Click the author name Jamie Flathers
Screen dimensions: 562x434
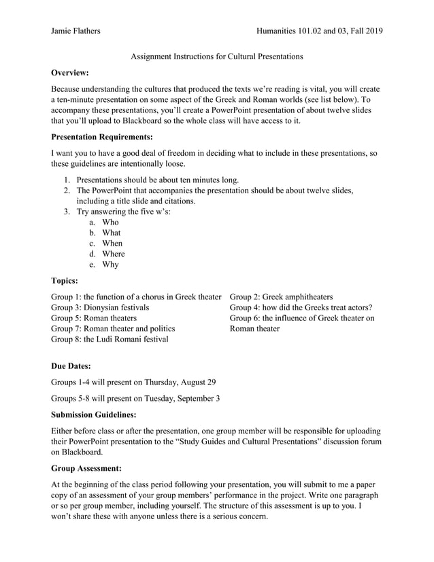click(75, 31)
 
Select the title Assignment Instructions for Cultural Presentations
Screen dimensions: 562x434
click(216, 56)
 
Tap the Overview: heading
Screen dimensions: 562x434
click(70, 72)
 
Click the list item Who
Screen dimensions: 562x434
click(110, 222)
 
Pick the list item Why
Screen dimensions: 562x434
click(110, 265)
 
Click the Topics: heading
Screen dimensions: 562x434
click(65, 280)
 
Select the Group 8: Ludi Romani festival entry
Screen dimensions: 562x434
click(110, 339)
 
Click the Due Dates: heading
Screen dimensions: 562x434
click(71, 366)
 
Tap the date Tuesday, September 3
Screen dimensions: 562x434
click(181, 398)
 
